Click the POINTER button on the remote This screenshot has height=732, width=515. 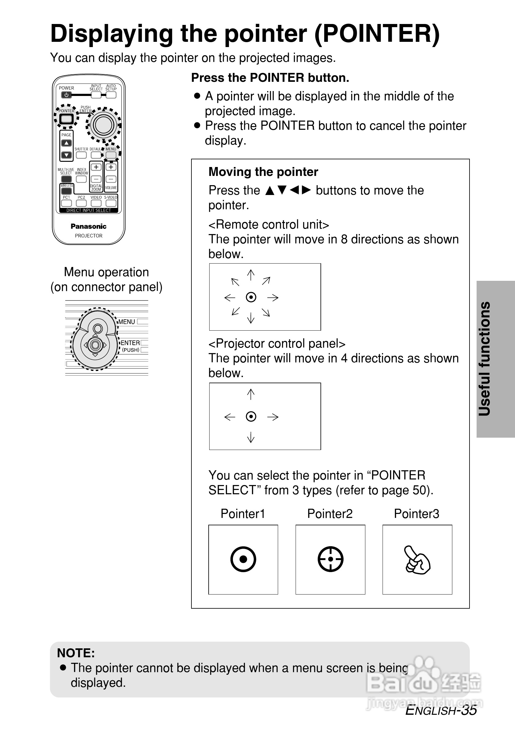tap(66, 119)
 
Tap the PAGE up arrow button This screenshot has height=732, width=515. tap(66, 143)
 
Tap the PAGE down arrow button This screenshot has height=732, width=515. tap(66, 155)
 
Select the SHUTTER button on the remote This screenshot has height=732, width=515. tap(81, 155)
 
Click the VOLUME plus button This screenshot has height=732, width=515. tap(111, 167)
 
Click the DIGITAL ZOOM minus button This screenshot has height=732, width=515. tap(96, 179)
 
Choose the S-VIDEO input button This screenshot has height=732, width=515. tap(111, 203)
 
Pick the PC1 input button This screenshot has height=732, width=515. tap(66, 203)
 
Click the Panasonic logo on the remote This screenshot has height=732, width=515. tap(88, 226)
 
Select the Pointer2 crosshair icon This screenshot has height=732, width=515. tap(330, 559)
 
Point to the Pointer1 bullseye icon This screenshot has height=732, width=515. tap(243, 559)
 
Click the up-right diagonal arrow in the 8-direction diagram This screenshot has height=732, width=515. tap(266, 280)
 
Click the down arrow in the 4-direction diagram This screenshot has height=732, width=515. tap(251, 437)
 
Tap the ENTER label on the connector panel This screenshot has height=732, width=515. tap(130, 343)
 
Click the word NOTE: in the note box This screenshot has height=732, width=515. tap(76, 653)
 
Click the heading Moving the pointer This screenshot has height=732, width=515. tap(263, 172)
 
